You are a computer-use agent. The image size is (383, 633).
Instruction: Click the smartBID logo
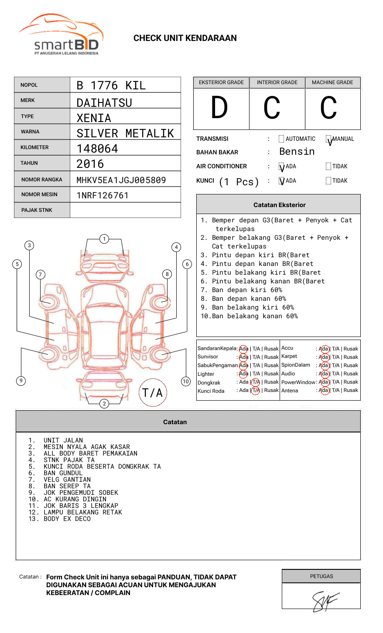coord(61,35)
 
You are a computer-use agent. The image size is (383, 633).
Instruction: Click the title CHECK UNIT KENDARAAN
coord(185,38)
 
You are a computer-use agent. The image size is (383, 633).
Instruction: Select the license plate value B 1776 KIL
coord(111,85)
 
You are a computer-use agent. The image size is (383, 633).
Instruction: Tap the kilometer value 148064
coord(97,149)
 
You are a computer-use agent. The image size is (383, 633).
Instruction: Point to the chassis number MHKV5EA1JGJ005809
coord(121,180)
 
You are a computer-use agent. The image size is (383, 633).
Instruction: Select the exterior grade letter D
coord(219,108)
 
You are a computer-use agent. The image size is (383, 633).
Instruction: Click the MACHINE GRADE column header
coord(332,82)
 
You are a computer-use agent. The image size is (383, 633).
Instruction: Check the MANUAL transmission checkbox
coord(328,140)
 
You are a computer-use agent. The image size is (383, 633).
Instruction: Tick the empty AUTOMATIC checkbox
coord(281,139)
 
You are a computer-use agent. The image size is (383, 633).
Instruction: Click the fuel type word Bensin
coord(297,152)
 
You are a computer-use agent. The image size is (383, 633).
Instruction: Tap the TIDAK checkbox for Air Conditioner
coord(328,167)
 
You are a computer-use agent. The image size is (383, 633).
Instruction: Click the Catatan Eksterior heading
coord(279,205)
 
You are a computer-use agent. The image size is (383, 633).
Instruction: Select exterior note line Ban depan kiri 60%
coord(247,290)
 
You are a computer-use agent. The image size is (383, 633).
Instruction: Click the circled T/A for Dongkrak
coord(256,382)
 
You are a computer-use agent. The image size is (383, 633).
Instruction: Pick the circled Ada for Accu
coord(324,349)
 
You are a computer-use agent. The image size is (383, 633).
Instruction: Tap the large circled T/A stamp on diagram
coord(153,393)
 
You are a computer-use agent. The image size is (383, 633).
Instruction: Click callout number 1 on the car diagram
coord(104,238)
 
